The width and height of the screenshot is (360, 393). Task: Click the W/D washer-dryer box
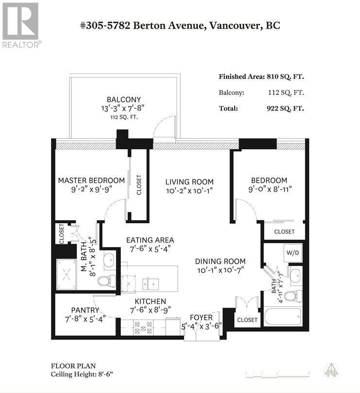tap(292, 252)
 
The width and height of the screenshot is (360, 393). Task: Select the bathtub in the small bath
tap(283, 317)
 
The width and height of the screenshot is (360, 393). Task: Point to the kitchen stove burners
tap(143, 328)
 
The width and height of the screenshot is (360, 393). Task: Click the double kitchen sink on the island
tap(151, 284)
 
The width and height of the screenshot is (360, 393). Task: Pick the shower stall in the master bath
tap(67, 274)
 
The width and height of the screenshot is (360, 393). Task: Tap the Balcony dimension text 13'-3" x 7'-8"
tap(123, 108)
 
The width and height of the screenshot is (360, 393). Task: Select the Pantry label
tap(85, 310)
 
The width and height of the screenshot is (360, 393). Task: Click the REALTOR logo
tap(21, 25)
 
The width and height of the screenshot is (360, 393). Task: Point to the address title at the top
tap(180, 25)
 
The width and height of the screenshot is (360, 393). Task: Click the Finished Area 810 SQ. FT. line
tap(261, 77)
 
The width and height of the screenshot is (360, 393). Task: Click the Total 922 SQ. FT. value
tap(285, 108)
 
